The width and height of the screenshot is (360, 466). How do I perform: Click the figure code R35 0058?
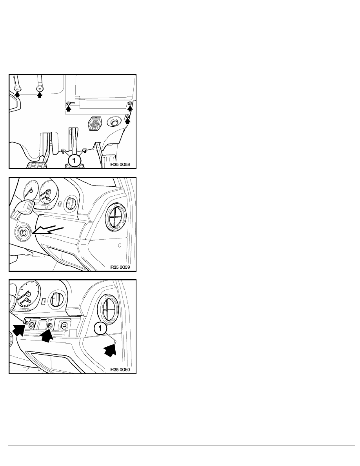tap(120, 164)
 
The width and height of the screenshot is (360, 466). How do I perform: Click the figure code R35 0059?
tap(120, 267)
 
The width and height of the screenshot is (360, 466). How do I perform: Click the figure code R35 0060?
tap(120, 370)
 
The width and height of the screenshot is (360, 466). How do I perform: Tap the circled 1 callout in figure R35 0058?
tap(74, 161)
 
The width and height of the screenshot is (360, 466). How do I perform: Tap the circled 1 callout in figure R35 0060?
tap(100, 328)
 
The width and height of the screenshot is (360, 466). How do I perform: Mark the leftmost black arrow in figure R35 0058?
tap(17, 94)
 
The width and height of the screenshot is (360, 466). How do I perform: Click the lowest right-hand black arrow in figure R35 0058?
tap(127, 121)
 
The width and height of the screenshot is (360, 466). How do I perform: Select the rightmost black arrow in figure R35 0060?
tap(110, 350)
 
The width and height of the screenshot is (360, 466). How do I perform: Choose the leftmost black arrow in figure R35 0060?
tap(18, 330)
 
